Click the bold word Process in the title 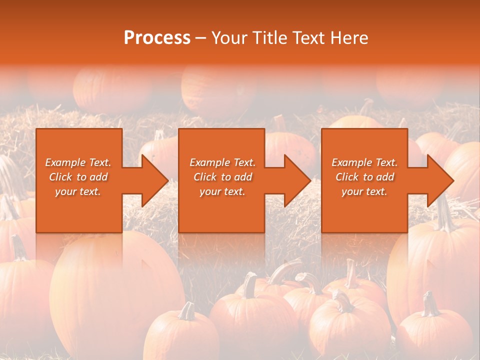coord(157,38)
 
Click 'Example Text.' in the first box coord(78,162)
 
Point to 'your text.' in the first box coord(78,191)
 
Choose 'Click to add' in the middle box coord(222,177)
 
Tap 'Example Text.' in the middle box coord(222,162)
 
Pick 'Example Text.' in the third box coord(364,162)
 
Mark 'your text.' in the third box coord(364,191)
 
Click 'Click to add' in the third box coord(364,177)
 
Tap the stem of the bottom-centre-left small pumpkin coord(187,311)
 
